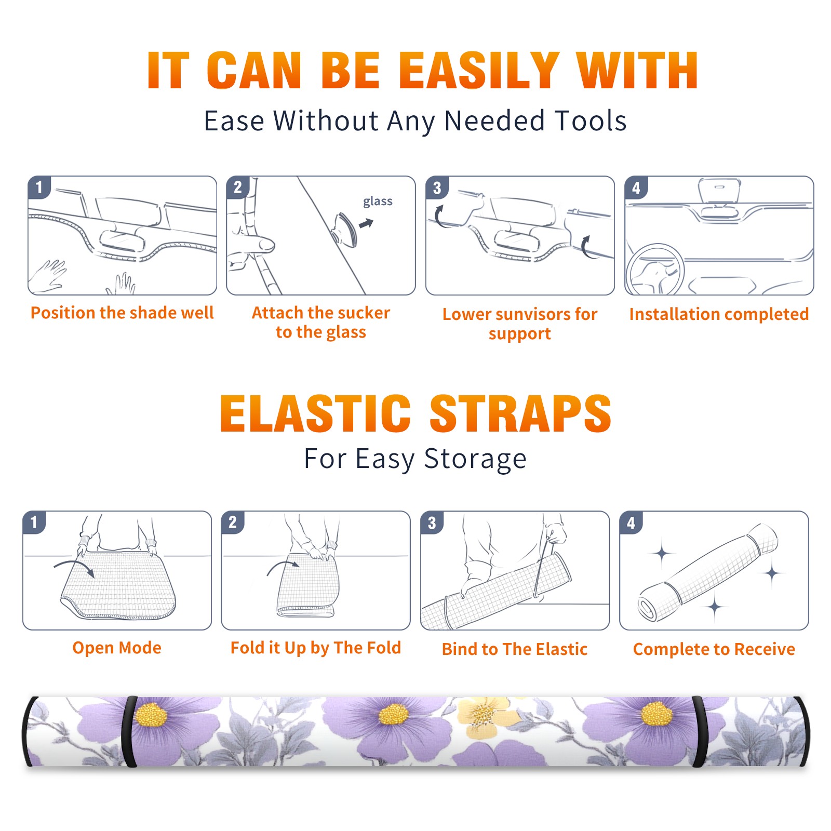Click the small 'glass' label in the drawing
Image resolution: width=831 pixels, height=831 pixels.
coord(378,202)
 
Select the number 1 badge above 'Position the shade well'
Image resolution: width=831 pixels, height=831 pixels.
coord(39,187)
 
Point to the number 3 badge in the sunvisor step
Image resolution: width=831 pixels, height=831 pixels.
coord(437,187)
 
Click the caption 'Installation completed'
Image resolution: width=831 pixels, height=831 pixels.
coord(719,314)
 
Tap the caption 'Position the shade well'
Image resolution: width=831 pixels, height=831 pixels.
coord(122,313)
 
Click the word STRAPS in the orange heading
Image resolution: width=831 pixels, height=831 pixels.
coord(520,413)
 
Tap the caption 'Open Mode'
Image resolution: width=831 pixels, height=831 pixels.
coord(117,648)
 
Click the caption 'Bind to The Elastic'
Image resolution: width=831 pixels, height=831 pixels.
coord(515,649)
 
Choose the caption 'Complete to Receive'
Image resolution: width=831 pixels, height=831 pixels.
coord(714,649)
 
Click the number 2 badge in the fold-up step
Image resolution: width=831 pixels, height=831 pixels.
coord(233,522)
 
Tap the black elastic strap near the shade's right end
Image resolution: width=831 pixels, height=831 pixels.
coord(699,731)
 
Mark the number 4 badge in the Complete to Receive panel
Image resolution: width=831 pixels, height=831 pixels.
coord(631,522)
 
